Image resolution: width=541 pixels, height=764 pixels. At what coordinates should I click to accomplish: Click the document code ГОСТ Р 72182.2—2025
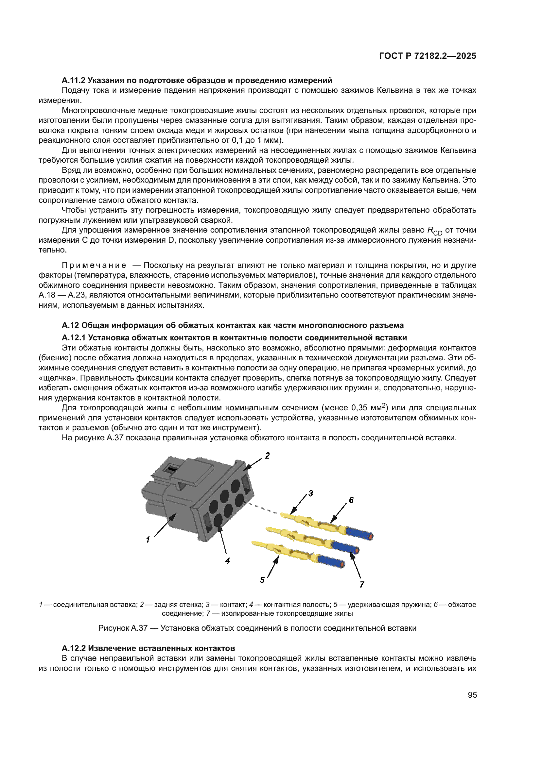pos(428,56)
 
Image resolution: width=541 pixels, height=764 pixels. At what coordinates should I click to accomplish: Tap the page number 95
pos(472,695)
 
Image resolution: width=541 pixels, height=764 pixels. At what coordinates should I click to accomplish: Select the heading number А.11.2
pos(73,80)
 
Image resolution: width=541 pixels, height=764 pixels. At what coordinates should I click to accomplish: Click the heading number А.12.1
pos(73,338)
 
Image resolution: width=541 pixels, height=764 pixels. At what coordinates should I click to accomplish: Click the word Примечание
pos(94,265)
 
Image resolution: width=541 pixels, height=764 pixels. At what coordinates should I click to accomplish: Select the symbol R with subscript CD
pos(434,231)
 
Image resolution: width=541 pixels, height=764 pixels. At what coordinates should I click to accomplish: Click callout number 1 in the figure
pos(148,539)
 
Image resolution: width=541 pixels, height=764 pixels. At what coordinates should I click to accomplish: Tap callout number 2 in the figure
pos(267,456)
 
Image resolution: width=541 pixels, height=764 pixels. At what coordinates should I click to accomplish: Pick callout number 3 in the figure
pos(310,493)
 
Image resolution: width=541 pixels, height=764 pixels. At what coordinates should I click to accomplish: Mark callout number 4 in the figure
pos(227,561)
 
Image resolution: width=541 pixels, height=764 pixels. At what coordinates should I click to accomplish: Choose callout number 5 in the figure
pos(262,580)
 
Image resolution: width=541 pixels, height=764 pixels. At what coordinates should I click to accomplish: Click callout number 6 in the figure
pos(351,500)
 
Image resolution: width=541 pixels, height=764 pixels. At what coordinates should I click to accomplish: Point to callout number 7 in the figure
pos(362,584)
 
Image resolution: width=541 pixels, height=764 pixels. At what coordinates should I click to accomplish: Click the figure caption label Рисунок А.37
pos(123,628)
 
